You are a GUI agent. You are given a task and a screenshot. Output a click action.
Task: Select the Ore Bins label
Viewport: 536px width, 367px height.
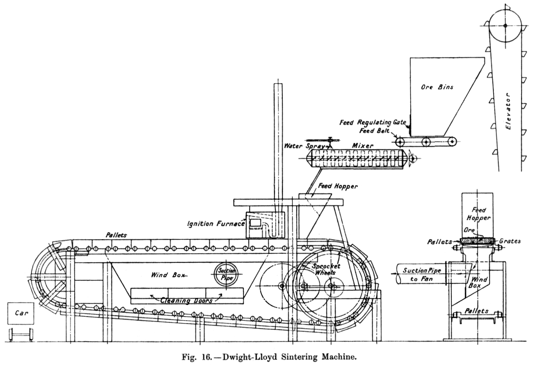437,87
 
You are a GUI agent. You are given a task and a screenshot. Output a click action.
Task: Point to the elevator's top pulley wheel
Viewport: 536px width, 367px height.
505,25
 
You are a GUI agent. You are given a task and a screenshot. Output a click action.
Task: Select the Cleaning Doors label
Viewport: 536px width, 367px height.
187,300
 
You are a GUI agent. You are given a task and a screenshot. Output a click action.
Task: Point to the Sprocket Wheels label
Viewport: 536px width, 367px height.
325,269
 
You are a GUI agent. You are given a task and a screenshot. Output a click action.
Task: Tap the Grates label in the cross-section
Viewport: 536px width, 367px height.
510,241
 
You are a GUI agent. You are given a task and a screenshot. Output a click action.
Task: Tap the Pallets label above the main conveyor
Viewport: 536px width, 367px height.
116,235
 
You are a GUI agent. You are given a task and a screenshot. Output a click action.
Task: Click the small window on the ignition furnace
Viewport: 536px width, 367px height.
255,222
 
